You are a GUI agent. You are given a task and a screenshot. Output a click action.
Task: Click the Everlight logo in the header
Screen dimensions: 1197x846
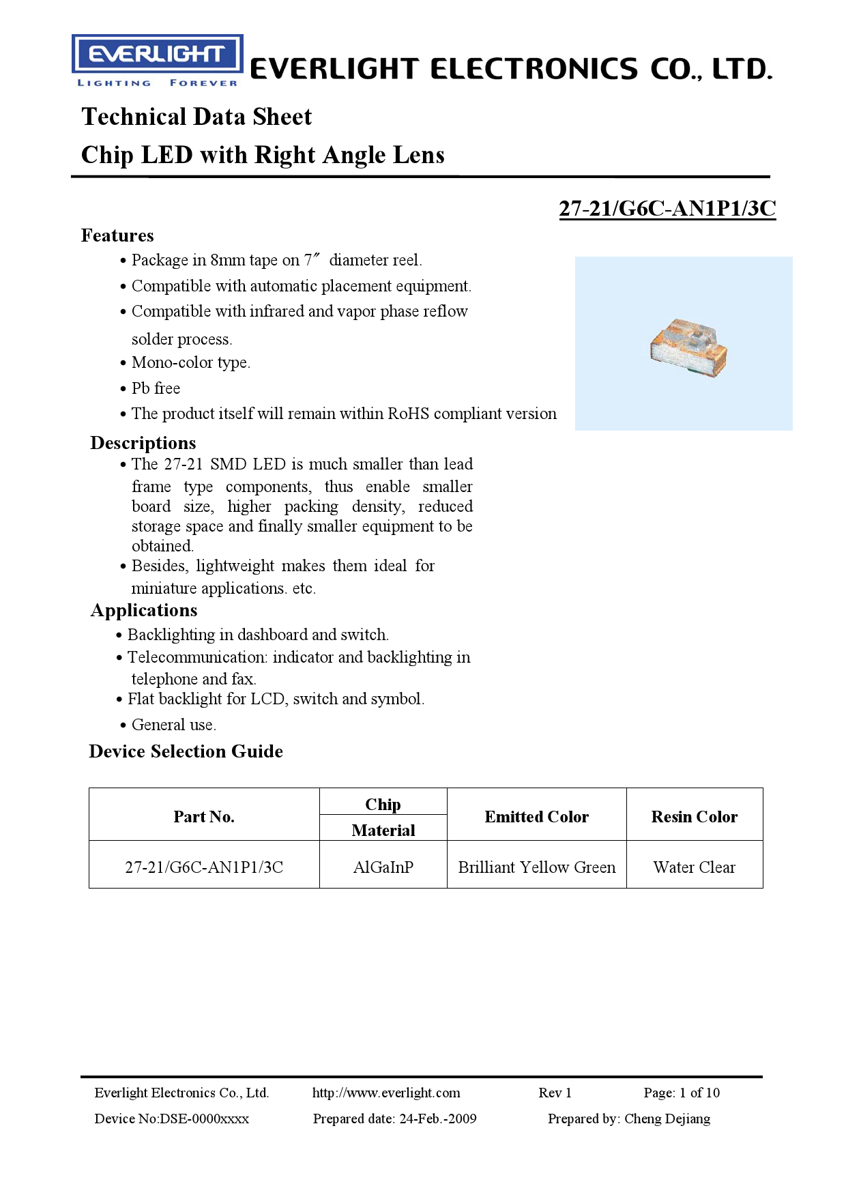pyautogui.click(x=157, y=61)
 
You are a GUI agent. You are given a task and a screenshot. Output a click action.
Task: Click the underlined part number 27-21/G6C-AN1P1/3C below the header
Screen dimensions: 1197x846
pyautogui.click(x=667, y=208)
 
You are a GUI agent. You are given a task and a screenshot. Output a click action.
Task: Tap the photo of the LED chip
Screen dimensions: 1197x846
pyautogui.click(x=688, y=347)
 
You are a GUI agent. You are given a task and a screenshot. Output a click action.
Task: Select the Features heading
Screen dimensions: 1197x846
pyautogui.click(x=117, y=235)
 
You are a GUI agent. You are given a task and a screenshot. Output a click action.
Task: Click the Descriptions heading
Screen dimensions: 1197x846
pyautogui.click(x=143, y=443)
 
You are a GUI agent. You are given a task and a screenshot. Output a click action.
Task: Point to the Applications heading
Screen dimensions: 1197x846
pyautogui.click(x=144, y=610)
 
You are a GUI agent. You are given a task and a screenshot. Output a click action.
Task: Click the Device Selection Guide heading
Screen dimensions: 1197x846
pyautogui.click(x=186, y=751)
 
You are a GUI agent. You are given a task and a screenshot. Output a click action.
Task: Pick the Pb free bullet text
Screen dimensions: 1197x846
pyautogui.click(x=156, y=388)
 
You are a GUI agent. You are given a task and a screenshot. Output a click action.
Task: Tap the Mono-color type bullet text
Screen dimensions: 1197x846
pyautogui.click(x=190, y=362)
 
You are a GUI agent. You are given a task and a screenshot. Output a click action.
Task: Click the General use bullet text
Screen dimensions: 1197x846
pyautogui.click(x=173, y=725)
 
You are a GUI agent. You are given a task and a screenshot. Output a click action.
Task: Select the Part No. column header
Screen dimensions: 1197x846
pyautogui.click(x=204, y=817)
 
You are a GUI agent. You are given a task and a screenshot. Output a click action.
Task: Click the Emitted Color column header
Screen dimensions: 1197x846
pyautogui.click(x=536, y=817)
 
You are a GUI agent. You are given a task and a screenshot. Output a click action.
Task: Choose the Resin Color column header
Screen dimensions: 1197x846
pyautogui.click(x=694, y=817)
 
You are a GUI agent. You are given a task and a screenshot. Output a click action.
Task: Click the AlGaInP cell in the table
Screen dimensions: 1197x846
pyautogui.click(x=383, y=867)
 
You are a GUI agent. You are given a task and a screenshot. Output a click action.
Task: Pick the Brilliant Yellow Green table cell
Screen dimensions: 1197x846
pyautogui.click(x=536, y=867)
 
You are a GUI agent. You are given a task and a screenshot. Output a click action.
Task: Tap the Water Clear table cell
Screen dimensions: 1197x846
pyautogui.click(x=694, y=867)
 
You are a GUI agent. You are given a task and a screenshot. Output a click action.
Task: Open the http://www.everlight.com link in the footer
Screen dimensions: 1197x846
pyautogui.click(x=386, y=1093)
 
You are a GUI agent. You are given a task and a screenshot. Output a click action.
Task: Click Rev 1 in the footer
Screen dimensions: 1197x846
pyautogui.click(x=555, y=1093)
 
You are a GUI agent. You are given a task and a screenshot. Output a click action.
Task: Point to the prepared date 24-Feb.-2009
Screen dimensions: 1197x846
pyautogui.click(x=437, y=1119)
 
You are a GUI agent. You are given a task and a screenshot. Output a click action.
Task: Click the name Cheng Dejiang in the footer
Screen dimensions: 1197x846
pyautogui.click(x=667, y=1119)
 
